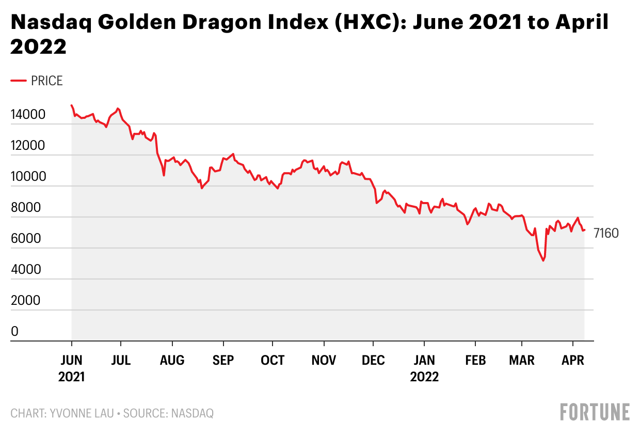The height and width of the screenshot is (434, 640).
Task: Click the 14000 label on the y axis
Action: pos(29,115)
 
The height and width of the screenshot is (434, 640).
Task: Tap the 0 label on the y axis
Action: pos(15,332)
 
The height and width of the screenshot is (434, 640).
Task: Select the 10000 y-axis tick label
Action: pos(29,177)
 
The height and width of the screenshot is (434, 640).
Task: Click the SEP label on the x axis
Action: pos(223,360)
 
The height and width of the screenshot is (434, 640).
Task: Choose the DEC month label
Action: pos(373,360)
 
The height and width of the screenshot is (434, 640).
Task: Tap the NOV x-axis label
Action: pos(324,360)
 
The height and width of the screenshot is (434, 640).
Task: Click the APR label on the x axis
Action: pos(572,360)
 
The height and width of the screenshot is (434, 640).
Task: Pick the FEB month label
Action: pos(475,360)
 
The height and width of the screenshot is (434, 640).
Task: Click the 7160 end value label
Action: pos(606,234)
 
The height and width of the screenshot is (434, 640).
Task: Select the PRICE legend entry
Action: pos(46,81)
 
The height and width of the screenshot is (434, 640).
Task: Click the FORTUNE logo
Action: pos(595,412)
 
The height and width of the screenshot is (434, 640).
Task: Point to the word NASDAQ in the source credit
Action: pos(192,413)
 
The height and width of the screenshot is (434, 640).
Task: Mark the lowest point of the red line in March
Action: pos(543,261)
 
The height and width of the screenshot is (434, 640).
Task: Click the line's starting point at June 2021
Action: pos(72,105)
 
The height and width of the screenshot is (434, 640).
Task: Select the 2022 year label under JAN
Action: pos(424,377)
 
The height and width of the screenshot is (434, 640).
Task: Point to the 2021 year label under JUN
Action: pos(71,377)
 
